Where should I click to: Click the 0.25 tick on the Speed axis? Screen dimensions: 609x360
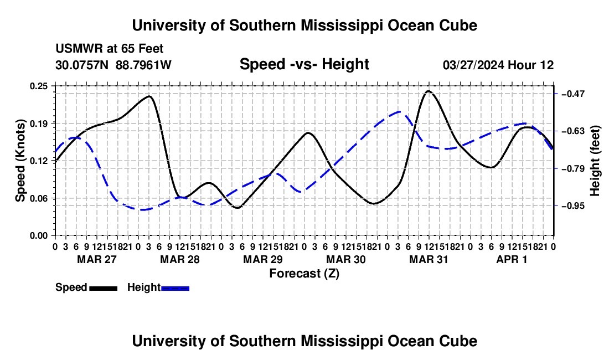point(38,86)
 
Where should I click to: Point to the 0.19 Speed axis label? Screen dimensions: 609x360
point(38,124)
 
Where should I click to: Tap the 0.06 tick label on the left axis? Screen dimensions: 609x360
point(38,198)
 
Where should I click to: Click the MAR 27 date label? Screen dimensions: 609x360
point(97,259)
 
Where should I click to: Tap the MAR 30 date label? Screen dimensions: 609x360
point(345,259)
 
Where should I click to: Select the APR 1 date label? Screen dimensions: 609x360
point(512,259)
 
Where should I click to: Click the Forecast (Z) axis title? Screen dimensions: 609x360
point(304,274)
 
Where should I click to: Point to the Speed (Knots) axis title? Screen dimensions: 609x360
point(20,161)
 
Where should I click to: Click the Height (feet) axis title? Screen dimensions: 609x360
point(595,161)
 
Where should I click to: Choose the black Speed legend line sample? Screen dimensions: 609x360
point(104,289)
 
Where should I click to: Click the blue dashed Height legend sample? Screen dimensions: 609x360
point(175,289)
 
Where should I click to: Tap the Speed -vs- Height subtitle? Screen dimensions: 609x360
point(304,64)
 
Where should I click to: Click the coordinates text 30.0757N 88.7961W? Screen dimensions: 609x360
point(113,65)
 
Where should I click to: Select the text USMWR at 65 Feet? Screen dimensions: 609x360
point(110,49)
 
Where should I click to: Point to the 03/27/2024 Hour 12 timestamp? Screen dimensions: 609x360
point(498,65)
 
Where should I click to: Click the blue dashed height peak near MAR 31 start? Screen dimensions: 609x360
point(399,112)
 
